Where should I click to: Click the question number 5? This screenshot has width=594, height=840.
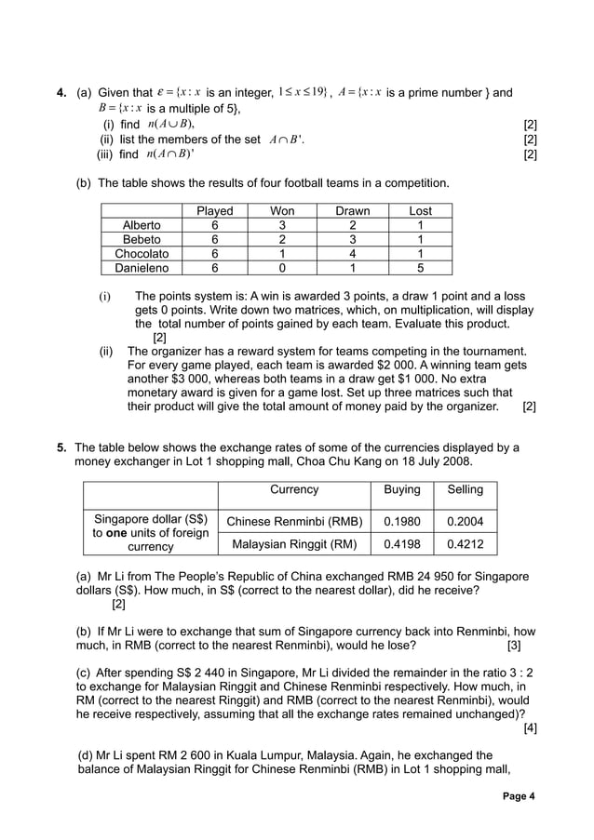[x=61, y=447]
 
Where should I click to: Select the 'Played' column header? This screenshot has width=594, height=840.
[x=215, y=211]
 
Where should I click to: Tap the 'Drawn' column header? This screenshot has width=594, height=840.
[x=353, y=211]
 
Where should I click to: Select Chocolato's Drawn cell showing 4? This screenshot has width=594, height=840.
[x=353, y=253]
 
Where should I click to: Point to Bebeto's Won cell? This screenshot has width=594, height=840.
[x=282, y=239]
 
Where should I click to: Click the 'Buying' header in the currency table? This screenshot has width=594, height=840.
[x=401, y=490]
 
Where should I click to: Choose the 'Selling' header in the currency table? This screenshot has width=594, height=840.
[x=466, y=490]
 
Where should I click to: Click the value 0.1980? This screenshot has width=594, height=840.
[x=401, y=521]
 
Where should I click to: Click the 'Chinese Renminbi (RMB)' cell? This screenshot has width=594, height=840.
[x=294, y=521]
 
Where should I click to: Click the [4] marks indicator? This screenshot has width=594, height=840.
[x=530, y=727]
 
